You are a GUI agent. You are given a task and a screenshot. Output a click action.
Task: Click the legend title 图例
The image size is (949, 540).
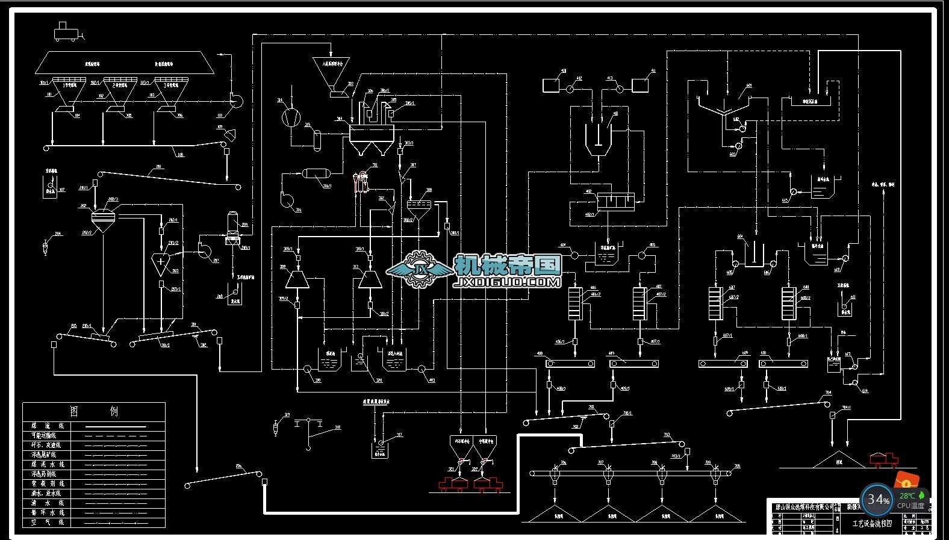pyautogui.click(x=94, y=411)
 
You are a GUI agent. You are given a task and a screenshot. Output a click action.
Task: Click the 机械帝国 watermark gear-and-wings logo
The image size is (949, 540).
pyautogui.click(x=420, y=267)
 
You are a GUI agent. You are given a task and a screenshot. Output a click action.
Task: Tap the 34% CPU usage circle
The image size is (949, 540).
pyautogui.click(x=877, y=499)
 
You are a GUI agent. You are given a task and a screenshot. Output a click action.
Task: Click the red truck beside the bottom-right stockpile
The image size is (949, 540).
pyautogui.click(x=883, y=460)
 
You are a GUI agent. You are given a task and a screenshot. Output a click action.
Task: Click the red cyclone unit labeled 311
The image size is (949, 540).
pyautogui.click(x=361, y=180)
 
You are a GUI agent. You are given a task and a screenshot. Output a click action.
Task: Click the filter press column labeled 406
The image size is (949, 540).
pyautogui.click(x=575, y=303)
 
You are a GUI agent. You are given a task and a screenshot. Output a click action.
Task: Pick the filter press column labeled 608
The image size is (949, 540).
pyautogui.click(x=788, y=303)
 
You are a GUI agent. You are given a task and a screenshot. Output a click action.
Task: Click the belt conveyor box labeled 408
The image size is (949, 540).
pyautogui.click(x=570, y=364)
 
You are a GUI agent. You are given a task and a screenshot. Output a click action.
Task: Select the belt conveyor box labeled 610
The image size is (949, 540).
pyautogui.click(x=783, y=364)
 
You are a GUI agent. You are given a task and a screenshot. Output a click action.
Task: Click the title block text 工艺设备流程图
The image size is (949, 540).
pyautogui.click(x=871, y=524)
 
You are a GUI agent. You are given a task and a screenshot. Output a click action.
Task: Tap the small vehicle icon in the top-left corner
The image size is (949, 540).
pyautogui.click(x=66, y=31)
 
